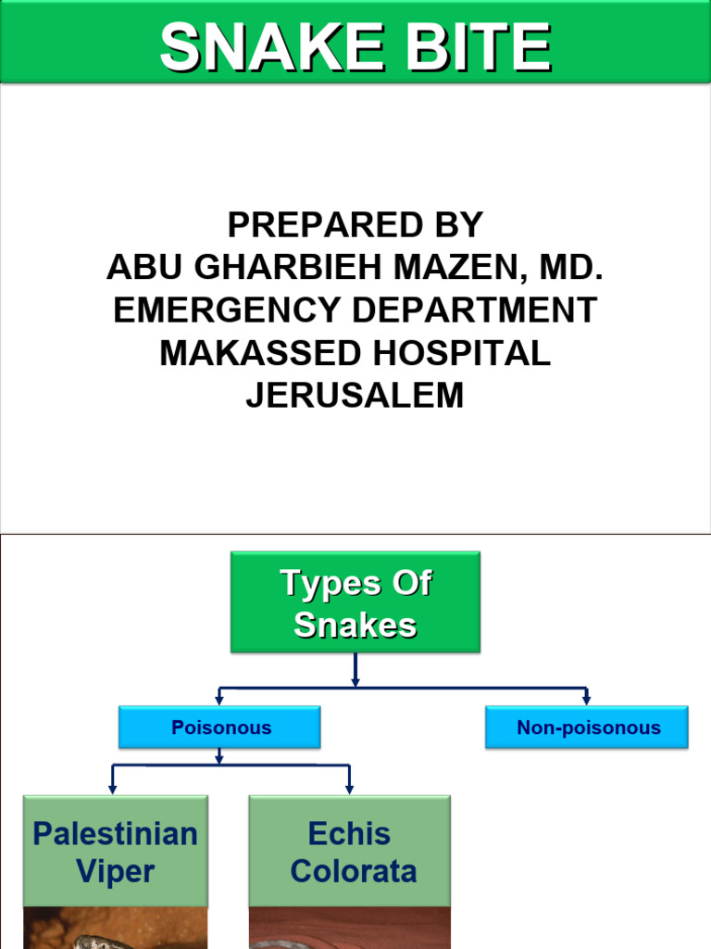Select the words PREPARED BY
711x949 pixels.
(x=355, y=225)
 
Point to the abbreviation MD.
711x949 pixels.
(x=574, y=268)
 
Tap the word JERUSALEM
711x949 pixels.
(x=355, y=396)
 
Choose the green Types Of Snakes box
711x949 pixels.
(x=355, y=602)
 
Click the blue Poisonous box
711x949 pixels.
(x=220, y=728)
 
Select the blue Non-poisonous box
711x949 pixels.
(x=587, y=728)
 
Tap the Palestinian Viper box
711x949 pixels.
(x=115, y=851)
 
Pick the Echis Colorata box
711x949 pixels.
(x=350, y=851)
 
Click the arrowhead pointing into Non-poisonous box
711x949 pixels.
(x=587, y=699)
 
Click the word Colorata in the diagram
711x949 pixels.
(x=353, y=871)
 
